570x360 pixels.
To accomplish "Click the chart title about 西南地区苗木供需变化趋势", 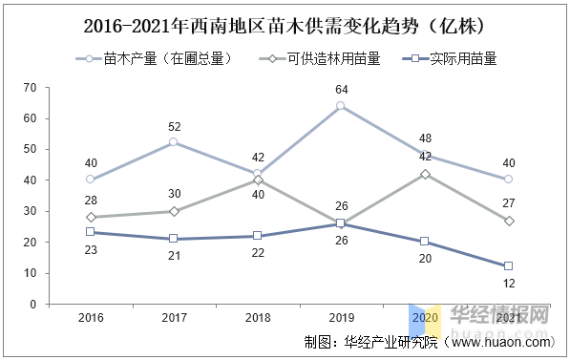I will [x=285, y=24].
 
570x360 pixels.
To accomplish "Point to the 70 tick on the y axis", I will [x=30, y=88].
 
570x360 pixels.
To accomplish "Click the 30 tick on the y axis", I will [x=30, y=211].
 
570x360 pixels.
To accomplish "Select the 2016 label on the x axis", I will [x=91, y=317].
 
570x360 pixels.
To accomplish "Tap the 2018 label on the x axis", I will [x=257, y=317].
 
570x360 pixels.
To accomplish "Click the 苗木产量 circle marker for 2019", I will [x=341, y=106].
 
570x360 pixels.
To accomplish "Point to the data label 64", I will [x=341, y=90].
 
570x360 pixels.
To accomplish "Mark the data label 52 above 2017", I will [x=174, y=126].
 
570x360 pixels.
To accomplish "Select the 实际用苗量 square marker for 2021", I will [x=508, y=266].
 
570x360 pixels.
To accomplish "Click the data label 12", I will [x=508, y=284].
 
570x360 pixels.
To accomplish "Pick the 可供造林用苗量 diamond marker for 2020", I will [x=425, y=174].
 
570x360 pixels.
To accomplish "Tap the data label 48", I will [x=425, y=138].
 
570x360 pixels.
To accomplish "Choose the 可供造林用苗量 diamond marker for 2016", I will [x=91, y=218].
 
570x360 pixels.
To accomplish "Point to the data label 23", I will [x=91, y=249].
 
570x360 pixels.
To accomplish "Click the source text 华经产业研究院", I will [x=392, y=342].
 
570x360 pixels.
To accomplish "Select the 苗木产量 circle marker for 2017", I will [x=174, y=142].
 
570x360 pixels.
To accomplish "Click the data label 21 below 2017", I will [x=174, y=256].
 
